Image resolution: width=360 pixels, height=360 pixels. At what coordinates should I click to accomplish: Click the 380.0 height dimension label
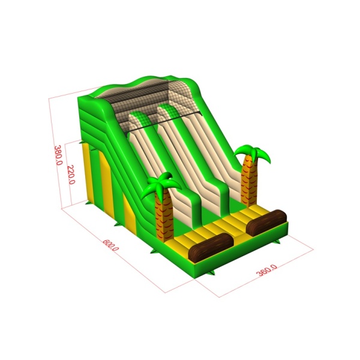point(58,155)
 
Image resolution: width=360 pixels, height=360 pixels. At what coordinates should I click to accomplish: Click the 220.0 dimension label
point(71,175)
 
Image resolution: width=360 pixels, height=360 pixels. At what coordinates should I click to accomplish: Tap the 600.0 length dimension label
point(110,245)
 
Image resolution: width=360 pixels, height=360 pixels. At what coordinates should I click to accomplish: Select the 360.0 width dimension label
point(266,270)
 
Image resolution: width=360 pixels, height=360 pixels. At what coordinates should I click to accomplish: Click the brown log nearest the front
point(211,247)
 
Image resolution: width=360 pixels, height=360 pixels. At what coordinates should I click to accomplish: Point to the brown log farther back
point(266,223)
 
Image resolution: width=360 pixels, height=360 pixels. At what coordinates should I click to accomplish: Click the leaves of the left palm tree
point(161,184)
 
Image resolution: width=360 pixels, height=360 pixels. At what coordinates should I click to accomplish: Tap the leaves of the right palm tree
point(253,153)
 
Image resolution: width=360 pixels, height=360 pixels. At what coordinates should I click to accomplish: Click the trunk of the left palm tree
point(164,216)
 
